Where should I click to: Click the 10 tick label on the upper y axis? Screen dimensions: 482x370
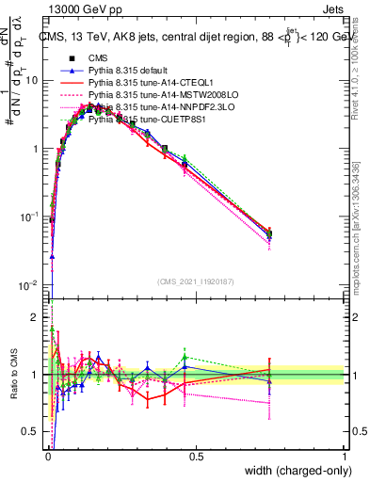point(33,81)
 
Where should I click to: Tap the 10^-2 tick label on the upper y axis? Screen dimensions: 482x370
point(30,284)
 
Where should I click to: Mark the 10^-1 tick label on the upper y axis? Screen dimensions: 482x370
point(30,217)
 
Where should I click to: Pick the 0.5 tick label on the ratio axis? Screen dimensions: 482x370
point(32,432)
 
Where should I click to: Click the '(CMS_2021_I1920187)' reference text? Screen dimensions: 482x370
point(197,281)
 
